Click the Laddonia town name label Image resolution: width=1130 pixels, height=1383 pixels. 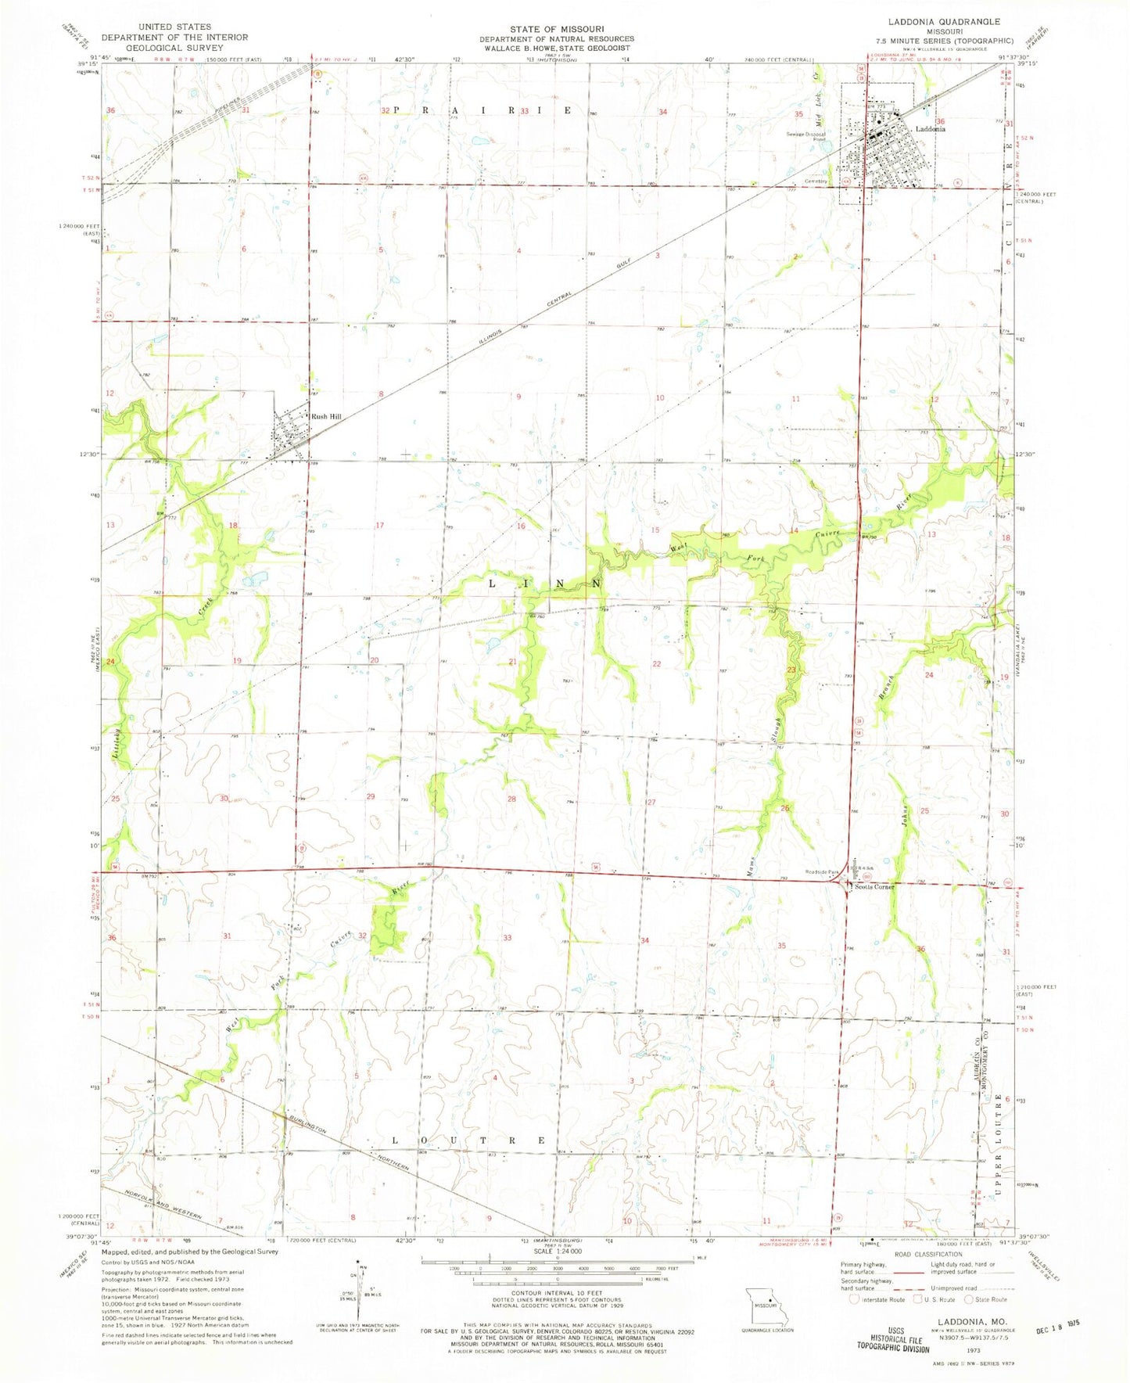click(x=930, y=129)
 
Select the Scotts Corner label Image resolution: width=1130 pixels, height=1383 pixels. click(x=874, y=886)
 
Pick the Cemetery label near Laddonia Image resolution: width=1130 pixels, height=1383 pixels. click(x=816, y=181)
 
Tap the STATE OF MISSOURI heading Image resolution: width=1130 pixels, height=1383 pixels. click(x=557, y=29)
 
